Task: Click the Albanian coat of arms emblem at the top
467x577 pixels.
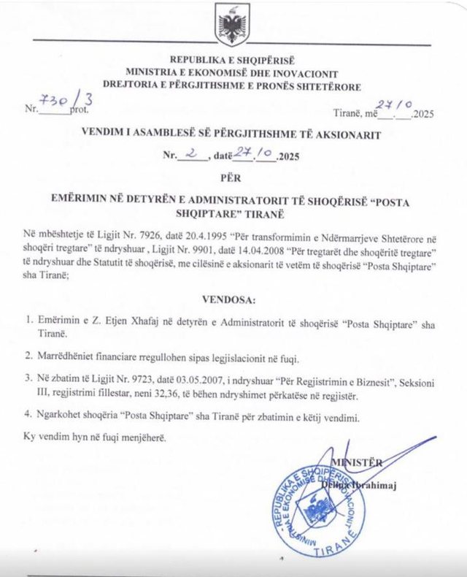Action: (x=233, y=26)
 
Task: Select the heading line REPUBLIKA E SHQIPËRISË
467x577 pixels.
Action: (x=233, y=58)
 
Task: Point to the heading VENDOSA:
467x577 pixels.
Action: (x=233, y=298)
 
